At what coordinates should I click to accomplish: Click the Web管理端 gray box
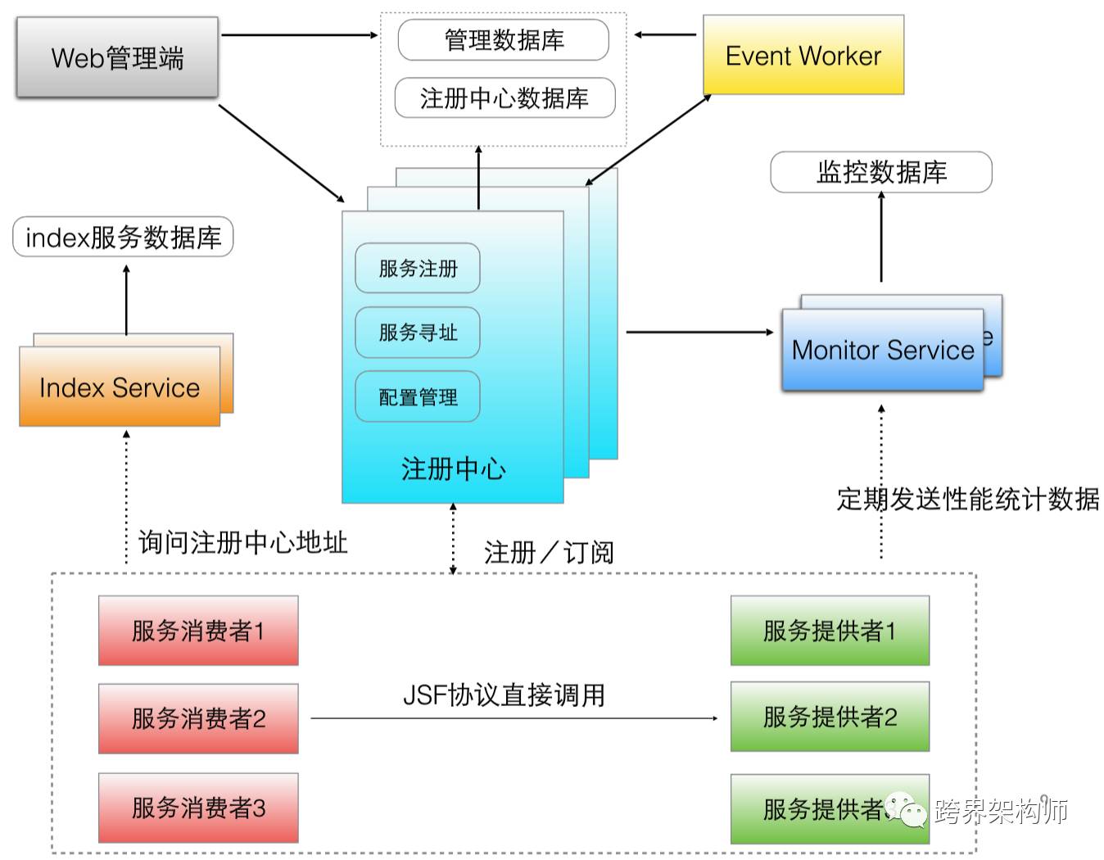[117, 57]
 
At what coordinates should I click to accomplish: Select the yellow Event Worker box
[803, 55]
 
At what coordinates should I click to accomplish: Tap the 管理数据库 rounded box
[503, 40]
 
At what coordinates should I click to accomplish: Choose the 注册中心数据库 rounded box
[504, 98]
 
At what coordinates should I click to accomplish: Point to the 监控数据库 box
[880, 172]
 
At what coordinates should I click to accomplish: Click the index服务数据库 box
[123, 238]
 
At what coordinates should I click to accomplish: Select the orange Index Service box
[120, 387]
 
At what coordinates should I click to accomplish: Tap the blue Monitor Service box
[882, 350]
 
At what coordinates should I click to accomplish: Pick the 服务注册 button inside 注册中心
[417, 268]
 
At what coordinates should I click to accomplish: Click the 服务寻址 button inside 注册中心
[417, 333]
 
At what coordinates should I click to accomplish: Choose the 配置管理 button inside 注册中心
[417, 397]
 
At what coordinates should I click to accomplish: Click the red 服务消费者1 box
[198, 631]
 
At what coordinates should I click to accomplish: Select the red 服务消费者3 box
[198, 808]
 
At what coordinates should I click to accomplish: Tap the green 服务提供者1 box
[829, 631]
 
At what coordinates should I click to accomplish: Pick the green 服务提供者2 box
[829, 717]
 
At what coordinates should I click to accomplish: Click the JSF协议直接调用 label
[504, 695]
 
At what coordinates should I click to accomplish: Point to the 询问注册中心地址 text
[242, 542]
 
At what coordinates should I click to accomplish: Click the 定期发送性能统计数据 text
[967, 498]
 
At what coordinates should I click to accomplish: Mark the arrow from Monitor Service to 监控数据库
[881, 238]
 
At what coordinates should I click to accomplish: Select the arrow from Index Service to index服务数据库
[126, 300]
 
